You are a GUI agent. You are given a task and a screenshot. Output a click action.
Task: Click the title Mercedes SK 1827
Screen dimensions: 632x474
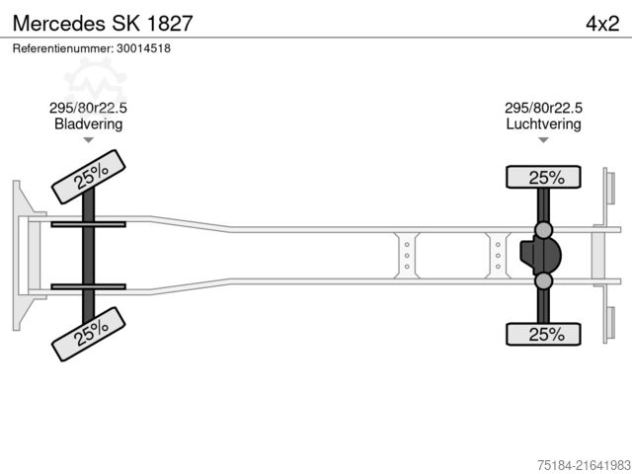pyautogui.click(x=103, y=24)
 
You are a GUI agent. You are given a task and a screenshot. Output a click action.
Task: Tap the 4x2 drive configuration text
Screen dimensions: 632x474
pyautogui.click(x=602, y=24)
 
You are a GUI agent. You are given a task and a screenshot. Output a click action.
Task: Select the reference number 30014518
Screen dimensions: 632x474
pyautogui.click(x=143, y=48)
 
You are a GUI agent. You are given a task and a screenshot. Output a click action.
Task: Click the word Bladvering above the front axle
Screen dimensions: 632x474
pyautogui.click(x=88, y=123)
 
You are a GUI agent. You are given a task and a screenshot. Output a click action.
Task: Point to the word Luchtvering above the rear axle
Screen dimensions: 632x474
pyautogui.click(x=543, y=123)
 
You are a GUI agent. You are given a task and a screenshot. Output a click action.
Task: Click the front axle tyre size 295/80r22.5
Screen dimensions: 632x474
pyautogui.click(x=88, y=108)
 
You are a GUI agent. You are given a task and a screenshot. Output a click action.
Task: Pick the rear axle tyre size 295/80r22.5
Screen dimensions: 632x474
pyautogui.click(x=543, y=108)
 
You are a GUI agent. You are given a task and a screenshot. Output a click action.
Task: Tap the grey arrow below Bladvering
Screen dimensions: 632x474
pyautogui.click(x=88, y=140)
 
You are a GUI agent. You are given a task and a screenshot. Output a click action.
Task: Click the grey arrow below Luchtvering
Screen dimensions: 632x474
pyautogui.click(x=543, y=140)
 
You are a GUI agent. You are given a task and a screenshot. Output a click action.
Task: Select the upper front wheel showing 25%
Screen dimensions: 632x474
pyautogui.click(x=89, y=177)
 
